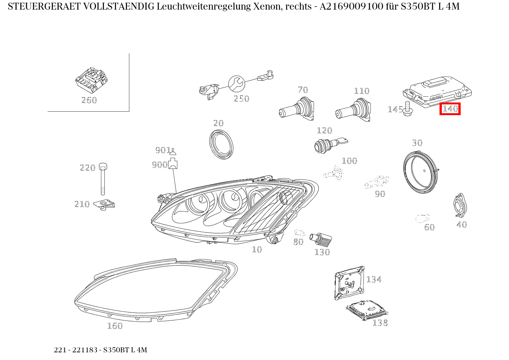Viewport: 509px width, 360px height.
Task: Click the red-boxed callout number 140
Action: coord(450,109)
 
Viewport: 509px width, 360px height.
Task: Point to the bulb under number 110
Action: coord(354,111)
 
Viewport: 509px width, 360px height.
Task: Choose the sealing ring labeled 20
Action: coord(221,144)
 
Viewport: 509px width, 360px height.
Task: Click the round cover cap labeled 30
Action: coord(421,171)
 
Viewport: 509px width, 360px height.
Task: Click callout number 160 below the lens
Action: coord(114,326)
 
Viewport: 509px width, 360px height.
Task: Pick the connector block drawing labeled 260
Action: coord(91,80)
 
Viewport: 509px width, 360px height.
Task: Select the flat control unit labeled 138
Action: coord(366,309)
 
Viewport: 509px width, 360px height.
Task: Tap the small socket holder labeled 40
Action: coord(460,206)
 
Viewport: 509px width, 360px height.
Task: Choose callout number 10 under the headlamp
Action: coord(257,249)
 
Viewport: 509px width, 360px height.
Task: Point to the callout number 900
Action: coord(159,165)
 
